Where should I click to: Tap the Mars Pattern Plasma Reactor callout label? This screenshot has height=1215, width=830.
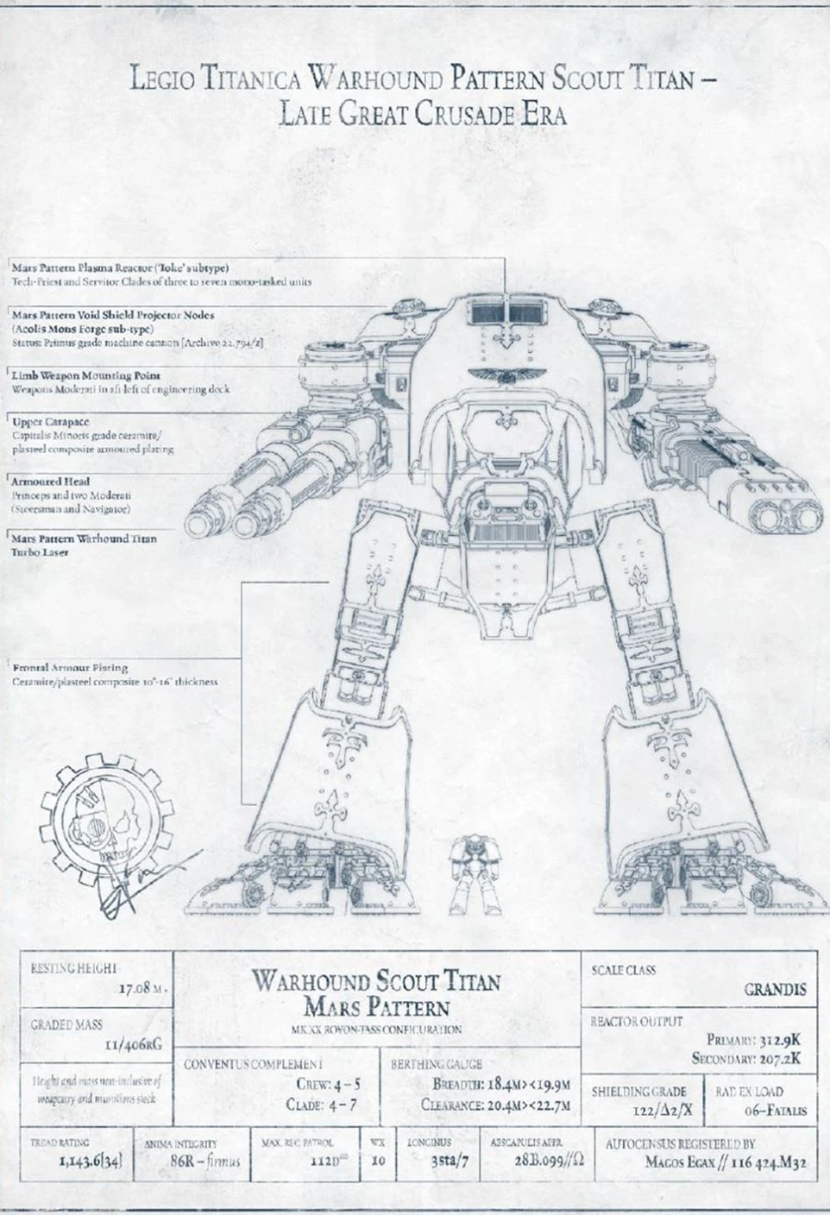(120, 268)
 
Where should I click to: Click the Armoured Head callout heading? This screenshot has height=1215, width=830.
(51, 481)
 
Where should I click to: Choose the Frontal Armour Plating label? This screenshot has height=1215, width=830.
(71, 667)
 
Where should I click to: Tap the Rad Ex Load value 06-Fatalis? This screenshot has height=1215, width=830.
(774, 1111)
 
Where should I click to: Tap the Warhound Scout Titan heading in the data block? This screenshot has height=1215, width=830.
(376, 982)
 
